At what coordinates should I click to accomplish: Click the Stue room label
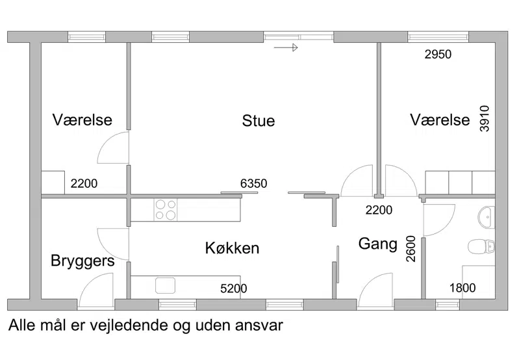258,121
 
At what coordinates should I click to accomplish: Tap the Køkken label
232,248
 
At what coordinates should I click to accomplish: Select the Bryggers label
82,261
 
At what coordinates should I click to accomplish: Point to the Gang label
377,244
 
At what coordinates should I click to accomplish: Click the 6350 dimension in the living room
253,183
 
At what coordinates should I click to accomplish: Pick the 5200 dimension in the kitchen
234,289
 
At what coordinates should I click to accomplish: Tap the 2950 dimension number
438,55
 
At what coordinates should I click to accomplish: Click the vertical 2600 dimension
411,249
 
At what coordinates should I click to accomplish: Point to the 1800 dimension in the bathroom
462,288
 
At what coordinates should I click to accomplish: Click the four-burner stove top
166,210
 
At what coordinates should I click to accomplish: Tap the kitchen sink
165,285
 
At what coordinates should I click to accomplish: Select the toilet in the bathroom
481,246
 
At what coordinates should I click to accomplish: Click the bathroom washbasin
487,217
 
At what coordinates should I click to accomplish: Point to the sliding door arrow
286,47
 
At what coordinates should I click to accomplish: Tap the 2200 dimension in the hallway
379,210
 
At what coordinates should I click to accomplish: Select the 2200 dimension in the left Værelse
84,183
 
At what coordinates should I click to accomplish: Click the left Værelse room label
82,120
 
